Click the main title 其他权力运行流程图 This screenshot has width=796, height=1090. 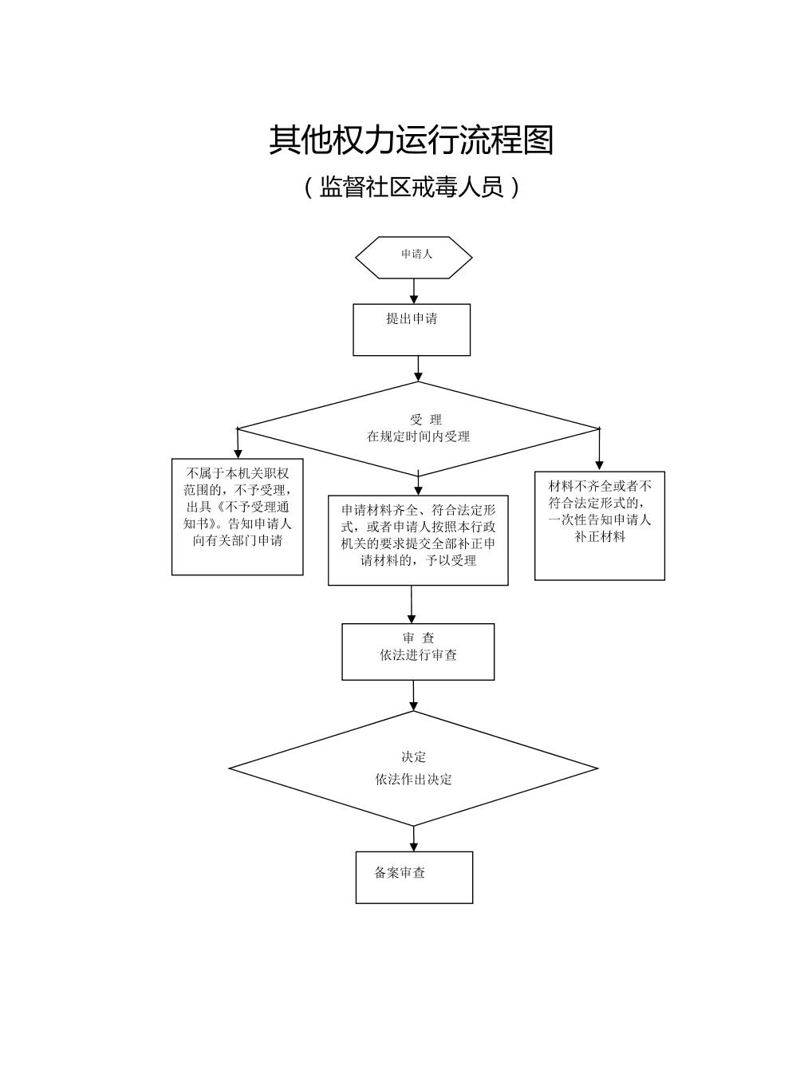click(x=411, y=140)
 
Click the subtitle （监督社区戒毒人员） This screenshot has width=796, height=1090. click(x=412, y=188)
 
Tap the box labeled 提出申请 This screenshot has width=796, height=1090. click(x=412, y=329)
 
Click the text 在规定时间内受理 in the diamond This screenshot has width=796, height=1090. click(x=418, y=436)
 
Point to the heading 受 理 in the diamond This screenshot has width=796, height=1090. click(x=426, y=420)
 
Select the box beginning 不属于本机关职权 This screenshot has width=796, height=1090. click(x=238, y=516)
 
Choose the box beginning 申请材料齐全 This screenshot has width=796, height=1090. click(x=418, y=540)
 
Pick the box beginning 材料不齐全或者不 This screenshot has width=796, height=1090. click(x=600, y=525)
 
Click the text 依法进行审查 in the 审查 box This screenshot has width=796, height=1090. click(x=418, y=655)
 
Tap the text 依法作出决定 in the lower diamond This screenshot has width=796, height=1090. click(x=413, y=780)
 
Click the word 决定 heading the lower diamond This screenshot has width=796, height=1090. click(x=413, y=757)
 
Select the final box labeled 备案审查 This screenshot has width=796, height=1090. click(x=414, y=877)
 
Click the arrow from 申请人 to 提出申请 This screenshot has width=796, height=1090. click(x=414, y=291)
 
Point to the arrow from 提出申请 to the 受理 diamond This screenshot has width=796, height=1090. click(x=418, y=369)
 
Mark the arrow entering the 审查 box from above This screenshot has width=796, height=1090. click(x=412, y=605)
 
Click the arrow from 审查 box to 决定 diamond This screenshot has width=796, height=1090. click(x=413, y=696)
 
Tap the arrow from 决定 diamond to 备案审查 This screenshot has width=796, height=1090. click(x=414, y=839)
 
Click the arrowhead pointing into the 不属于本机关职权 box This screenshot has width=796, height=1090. click(x=238, y=453)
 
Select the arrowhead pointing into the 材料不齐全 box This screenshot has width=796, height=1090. click(x=599, y=465)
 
